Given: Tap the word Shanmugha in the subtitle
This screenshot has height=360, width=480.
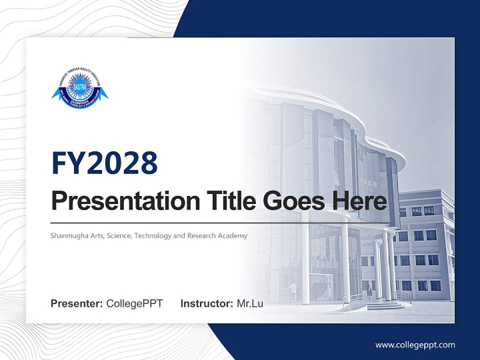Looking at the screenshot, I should pyautogui.click(x=67, y=235).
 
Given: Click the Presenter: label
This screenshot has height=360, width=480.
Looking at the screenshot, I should pyautogui.click(x=77, y=303).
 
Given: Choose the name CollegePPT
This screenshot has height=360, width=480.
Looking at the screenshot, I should pyautogui.click(x=134, y=303).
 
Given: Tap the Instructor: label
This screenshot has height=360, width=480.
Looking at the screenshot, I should pyautogui.click(x=206, y=303).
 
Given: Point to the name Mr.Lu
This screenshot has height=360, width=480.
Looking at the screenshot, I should pyautogui.click(x=250, y=303).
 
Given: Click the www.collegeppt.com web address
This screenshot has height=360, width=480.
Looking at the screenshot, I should pyautogui.click(x=415, y=344).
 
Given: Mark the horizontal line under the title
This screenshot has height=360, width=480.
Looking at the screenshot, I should pyautogui.click(x=220, y=222).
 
